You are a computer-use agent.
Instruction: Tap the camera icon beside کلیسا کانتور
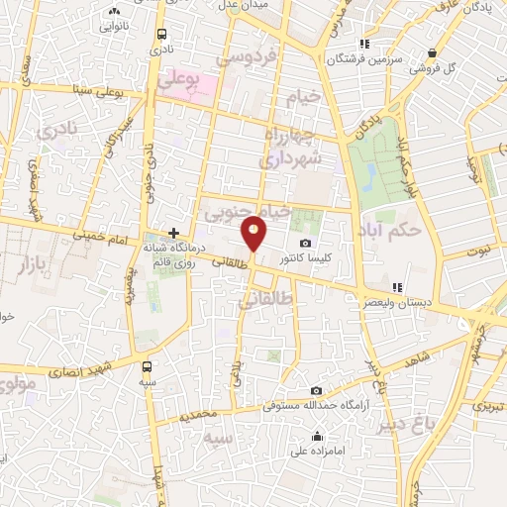point(305,244)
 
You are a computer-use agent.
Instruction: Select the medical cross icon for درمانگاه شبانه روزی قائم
point(173,233)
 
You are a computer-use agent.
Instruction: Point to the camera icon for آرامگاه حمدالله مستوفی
point(316,391)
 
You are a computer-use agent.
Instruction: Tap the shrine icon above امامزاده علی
point(317,437)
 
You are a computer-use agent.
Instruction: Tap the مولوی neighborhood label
point(19,381)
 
